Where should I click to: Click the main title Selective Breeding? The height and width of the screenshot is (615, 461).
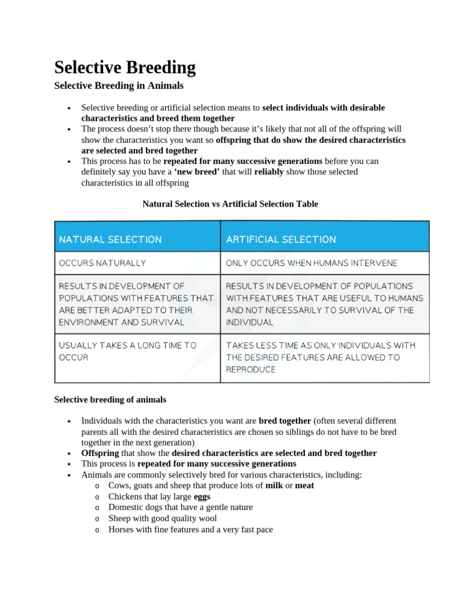[125, 67]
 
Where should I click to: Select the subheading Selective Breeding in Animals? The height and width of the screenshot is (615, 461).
[119, 86]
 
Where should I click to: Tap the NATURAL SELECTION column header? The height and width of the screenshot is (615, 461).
[110, 239]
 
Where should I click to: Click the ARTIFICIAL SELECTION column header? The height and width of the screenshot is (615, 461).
[281, 239]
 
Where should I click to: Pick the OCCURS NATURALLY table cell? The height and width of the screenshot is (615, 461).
[102, 263]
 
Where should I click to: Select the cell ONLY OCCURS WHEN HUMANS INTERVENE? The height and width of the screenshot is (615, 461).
[311, 263]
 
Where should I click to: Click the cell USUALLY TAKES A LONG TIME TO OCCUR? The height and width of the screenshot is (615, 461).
[127, 351]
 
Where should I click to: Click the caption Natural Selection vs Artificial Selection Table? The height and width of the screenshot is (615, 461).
[230, 204]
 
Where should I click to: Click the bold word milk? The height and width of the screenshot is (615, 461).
[274, 485]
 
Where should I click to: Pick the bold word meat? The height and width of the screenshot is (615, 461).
[304, 485]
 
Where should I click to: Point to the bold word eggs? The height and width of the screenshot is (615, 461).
[202, 496]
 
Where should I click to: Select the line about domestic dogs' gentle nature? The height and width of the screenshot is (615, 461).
[180, 507]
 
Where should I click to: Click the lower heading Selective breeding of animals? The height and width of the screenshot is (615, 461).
[110, 399]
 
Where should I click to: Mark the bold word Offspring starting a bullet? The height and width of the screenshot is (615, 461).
[100, 453]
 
